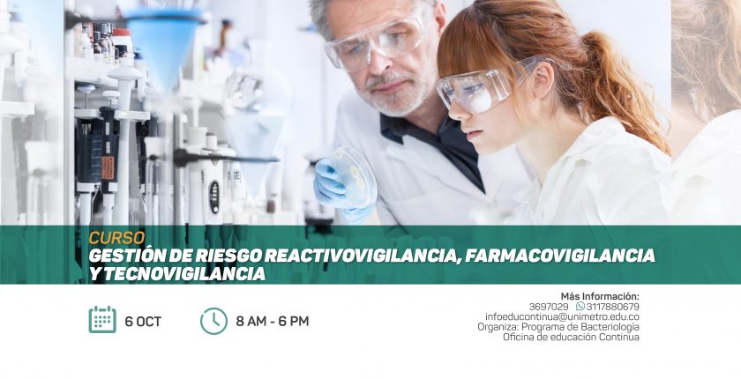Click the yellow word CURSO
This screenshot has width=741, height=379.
(x=116, y=238)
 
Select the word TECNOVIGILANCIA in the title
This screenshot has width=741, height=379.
(x=183, y=274)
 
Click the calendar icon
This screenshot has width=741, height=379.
(x=102, y=320)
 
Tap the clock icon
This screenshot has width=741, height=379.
(x=213, y=321)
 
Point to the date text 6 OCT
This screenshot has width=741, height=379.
(x=143, y=322)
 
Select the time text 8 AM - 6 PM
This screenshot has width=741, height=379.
(x=273, y=322)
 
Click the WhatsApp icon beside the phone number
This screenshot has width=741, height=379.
(x=580, y=307)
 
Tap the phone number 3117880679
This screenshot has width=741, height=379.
(x=613, y=307)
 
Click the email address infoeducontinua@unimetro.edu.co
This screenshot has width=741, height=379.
(x=563, y=316)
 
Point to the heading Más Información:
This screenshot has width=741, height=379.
(x=600, y=296)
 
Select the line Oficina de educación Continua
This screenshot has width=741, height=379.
(x=571, y=337)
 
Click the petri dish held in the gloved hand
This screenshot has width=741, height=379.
(x=354, y=176)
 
